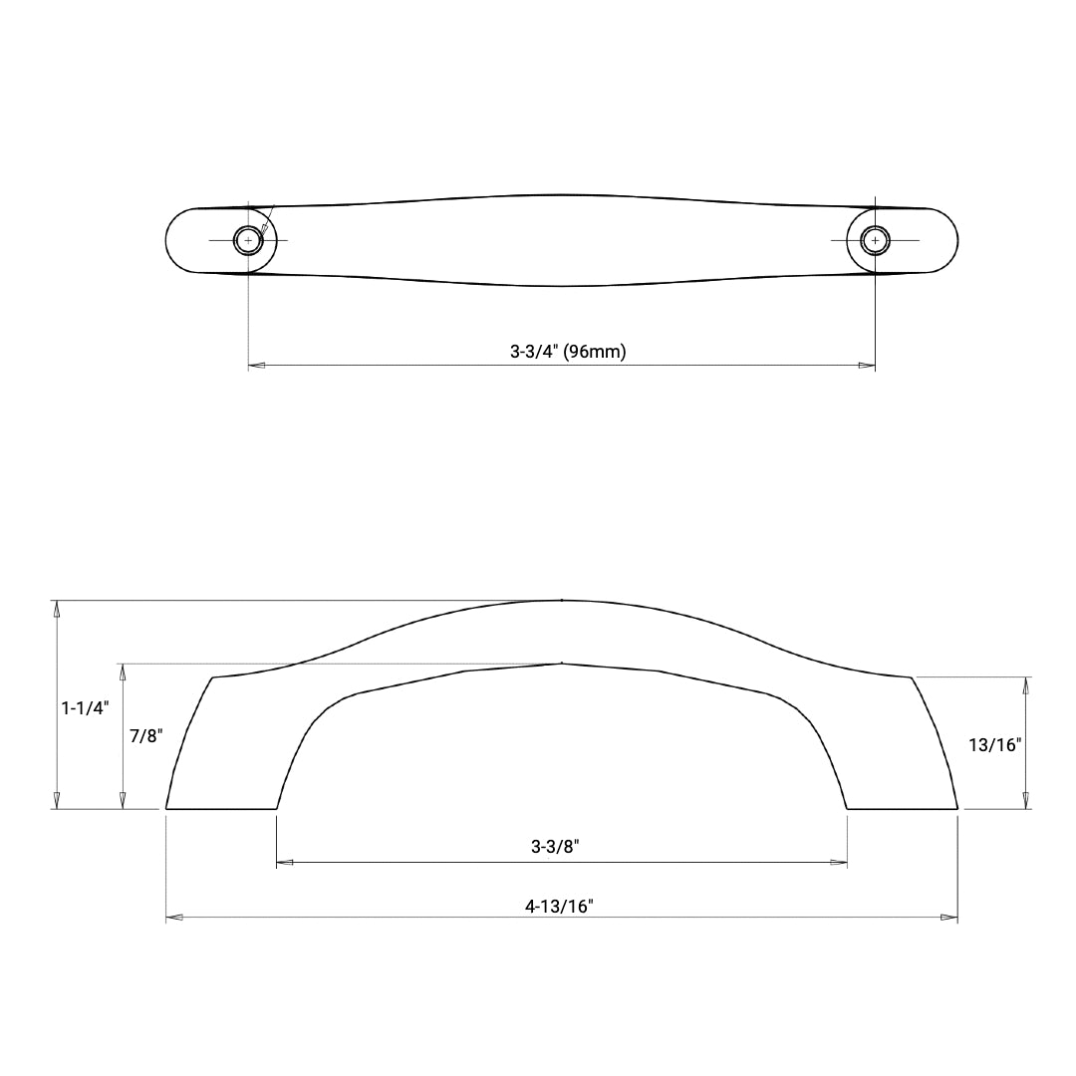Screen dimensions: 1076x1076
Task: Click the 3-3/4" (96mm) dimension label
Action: click(x=568, y=351)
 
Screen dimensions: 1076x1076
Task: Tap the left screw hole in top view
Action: click(x=248, y=241)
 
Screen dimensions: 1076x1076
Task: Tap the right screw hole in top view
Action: click(x=875, y=241)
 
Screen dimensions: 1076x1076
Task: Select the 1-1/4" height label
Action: click(x=85, y=708)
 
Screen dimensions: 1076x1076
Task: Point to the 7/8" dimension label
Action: click(x=145, y=736)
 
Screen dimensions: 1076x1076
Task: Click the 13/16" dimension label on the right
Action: click(x=995, y=743)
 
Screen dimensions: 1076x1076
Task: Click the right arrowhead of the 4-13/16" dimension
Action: click(x=948, y=917)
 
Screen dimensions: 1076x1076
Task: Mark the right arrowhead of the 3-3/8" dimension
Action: click(x=839, y=863)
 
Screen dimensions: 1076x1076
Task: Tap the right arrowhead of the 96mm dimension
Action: click(x=867, y=366)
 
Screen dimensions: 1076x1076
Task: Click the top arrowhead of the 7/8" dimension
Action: click(x=123, y=672)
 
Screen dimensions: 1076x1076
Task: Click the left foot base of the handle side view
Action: click(x=220, y=808)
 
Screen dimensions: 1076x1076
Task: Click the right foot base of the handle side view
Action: click(x=902, y=808)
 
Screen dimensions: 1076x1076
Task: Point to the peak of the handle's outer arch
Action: click(x=562, y=601)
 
